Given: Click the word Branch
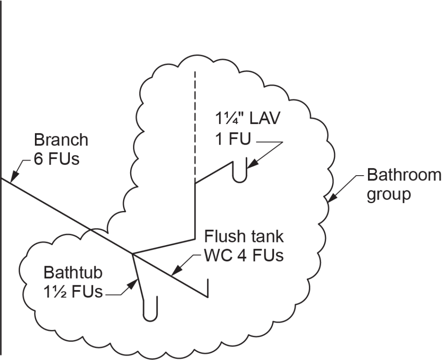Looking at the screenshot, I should (61, 140).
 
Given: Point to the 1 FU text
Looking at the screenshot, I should (233, 140).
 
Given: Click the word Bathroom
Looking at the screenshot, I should (404, 175).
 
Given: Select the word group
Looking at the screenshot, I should (389, 194).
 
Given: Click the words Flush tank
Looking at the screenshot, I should (244, 236).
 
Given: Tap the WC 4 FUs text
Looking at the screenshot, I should (244, 255).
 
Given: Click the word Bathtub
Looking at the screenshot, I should (73, 273).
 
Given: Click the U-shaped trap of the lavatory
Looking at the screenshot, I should (239, 172).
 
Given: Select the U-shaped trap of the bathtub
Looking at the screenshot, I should (150, 311).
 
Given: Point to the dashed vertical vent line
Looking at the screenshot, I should (195, 122).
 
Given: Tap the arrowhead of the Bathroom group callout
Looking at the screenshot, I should (330, 199).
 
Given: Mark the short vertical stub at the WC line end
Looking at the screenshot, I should (207, 288).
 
